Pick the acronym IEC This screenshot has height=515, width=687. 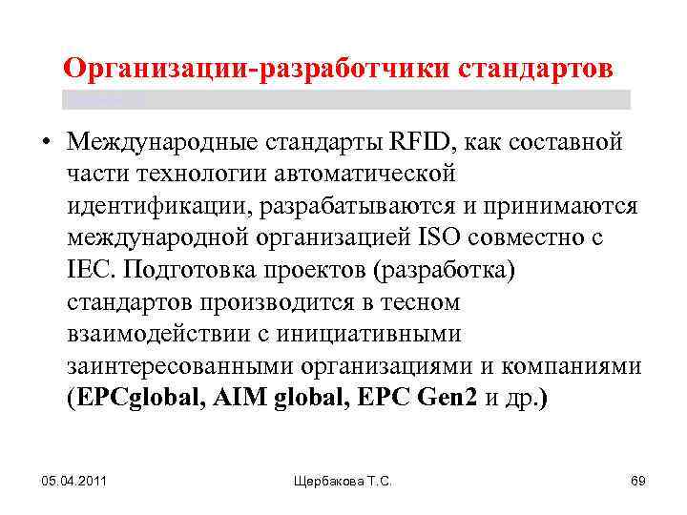[91, 270]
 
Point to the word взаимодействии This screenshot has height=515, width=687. [167, 334]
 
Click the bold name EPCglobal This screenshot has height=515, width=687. [133, 398]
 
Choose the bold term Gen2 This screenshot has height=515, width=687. [447, 398]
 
